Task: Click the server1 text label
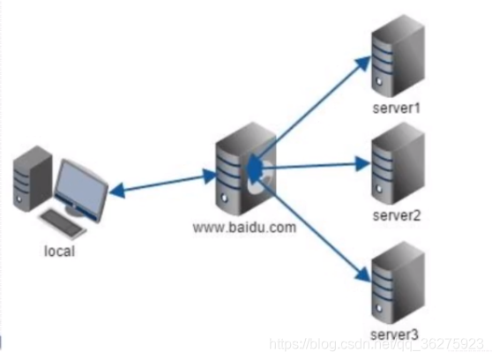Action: coord(396,108)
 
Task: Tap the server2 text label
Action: coord(397,215)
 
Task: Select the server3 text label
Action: coord(395,334)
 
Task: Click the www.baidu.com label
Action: coord(244,228)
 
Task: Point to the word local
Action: coord(60,251)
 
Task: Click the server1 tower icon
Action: coord(398,56)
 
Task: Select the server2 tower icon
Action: coord(398,164)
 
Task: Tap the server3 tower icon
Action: coord(398,282)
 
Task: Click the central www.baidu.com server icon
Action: coord(246,169)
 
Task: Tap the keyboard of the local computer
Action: coord(63,223)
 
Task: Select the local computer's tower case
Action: coord(33,178)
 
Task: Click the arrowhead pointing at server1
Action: coord(363,63)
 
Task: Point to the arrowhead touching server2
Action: coord(363,163)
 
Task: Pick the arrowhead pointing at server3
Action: coord(363,274)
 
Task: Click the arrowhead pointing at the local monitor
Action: coord(116,191)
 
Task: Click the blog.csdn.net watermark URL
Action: coord(377,344)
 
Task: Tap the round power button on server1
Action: coord(379,82)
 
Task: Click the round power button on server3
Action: coord(379,308)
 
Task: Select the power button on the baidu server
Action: coord(224,198)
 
